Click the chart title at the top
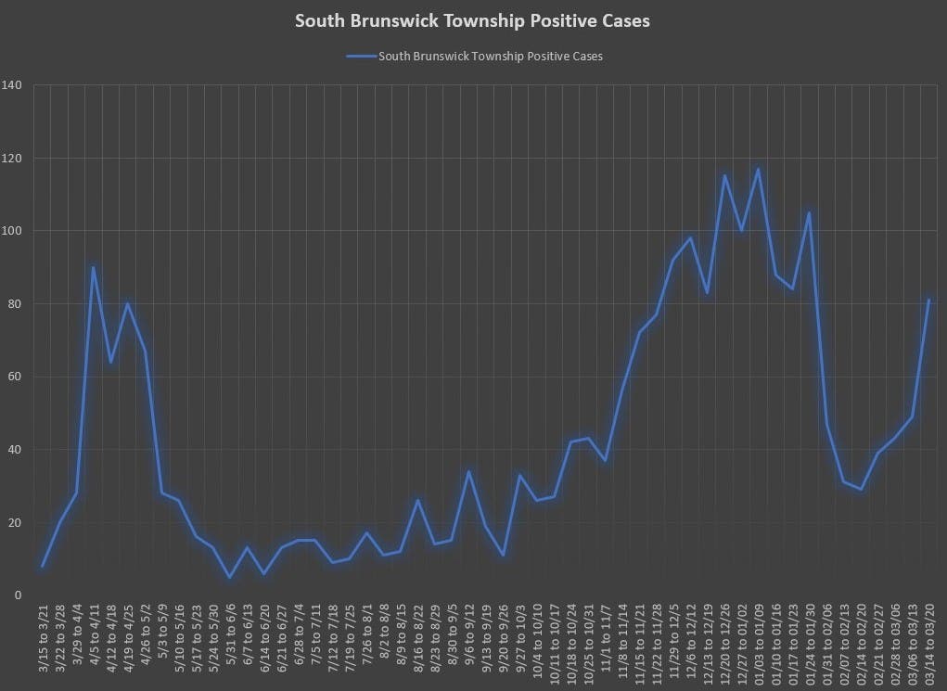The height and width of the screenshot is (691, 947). (472, 20)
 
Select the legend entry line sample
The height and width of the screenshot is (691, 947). (361, 57)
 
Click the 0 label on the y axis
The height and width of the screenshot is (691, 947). (19, 595)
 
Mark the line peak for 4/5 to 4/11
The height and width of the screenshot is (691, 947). (94, 267)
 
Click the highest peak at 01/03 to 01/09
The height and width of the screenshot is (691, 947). (759, 169)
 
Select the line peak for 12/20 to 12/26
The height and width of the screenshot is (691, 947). (724, 175)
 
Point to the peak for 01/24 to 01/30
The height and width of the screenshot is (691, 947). (810, 212)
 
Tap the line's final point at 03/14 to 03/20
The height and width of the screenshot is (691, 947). (928, 300)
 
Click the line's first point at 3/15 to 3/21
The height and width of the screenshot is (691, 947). (43, 566)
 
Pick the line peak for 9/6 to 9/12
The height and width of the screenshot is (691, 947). (468, 471)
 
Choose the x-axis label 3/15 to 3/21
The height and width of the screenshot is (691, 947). (43, 640)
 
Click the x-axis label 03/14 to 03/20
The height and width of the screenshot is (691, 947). (928, 640)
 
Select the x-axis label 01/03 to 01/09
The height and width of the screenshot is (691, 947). (759, 640)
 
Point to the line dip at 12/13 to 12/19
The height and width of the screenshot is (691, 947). (708, 293)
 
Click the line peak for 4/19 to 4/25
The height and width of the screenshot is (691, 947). (127, 303)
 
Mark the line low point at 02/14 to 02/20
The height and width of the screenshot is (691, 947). (861, 489)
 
